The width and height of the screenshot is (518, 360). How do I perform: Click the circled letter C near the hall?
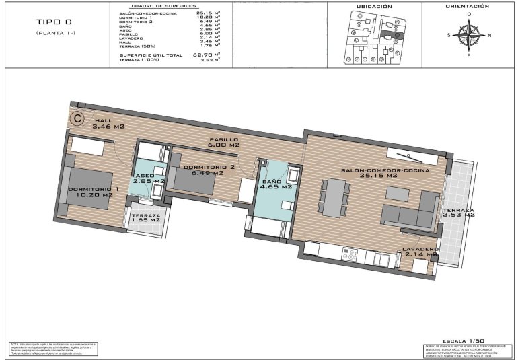[x=77, y=119]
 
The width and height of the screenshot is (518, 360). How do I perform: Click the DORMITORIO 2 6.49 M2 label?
[x=209, y=169]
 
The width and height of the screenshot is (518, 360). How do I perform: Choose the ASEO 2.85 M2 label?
[x=149, y=178]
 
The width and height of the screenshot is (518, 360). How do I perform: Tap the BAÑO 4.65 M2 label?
[x=276, y=183]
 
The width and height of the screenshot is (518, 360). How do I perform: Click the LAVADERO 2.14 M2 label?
[x=421, y=252]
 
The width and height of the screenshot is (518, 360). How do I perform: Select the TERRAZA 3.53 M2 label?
[x=458, y=214]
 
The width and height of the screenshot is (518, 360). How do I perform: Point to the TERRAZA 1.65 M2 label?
[x=145, y=217]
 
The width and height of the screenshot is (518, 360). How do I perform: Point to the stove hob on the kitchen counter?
[x=349, y=254]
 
